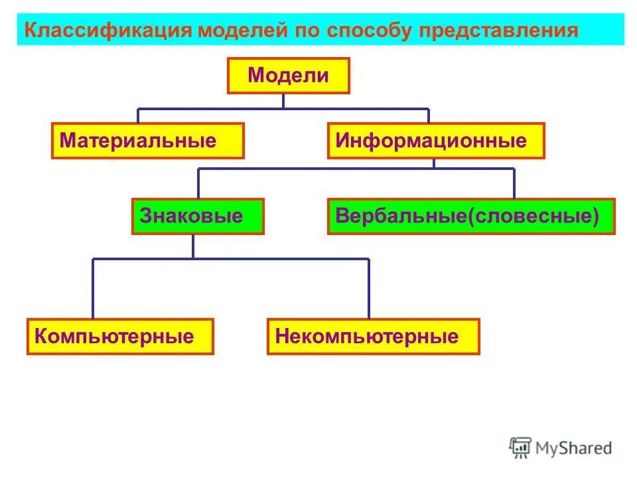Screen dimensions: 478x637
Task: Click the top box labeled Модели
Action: click(288, 75)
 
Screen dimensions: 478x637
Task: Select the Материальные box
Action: click(147, 141)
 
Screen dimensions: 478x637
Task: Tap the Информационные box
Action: click(435, 141)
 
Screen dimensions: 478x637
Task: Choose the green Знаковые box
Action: click(198, 216)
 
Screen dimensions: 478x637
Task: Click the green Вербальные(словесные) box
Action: click(471, 216)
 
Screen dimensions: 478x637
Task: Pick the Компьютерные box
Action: click(120, 337)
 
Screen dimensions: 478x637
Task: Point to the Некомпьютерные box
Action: click(373, 337)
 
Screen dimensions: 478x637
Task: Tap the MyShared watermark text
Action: click(574, 448)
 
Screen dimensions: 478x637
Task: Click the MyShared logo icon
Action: click(521, 447)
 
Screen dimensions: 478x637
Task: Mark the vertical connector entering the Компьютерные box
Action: click(93, 289)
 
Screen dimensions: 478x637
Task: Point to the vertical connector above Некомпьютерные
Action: click(368, 289)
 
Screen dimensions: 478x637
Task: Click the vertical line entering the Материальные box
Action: click(138, 116)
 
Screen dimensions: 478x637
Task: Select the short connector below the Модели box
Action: click(283, 100)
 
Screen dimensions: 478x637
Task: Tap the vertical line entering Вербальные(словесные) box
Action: click(514, 183)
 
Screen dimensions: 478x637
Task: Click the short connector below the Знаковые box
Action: click(193, 246)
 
